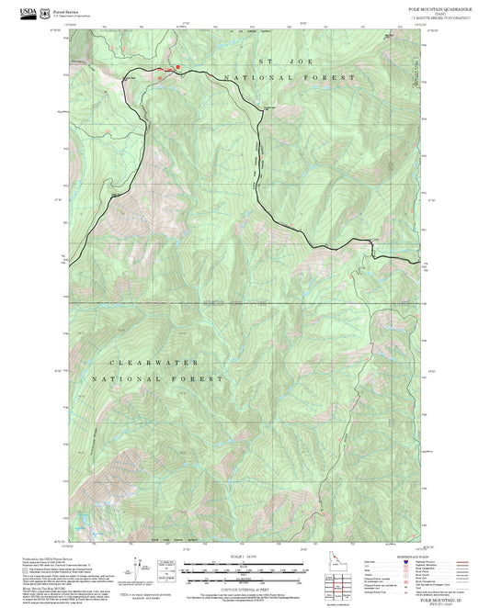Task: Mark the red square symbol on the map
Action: click(x=177, y=68)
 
